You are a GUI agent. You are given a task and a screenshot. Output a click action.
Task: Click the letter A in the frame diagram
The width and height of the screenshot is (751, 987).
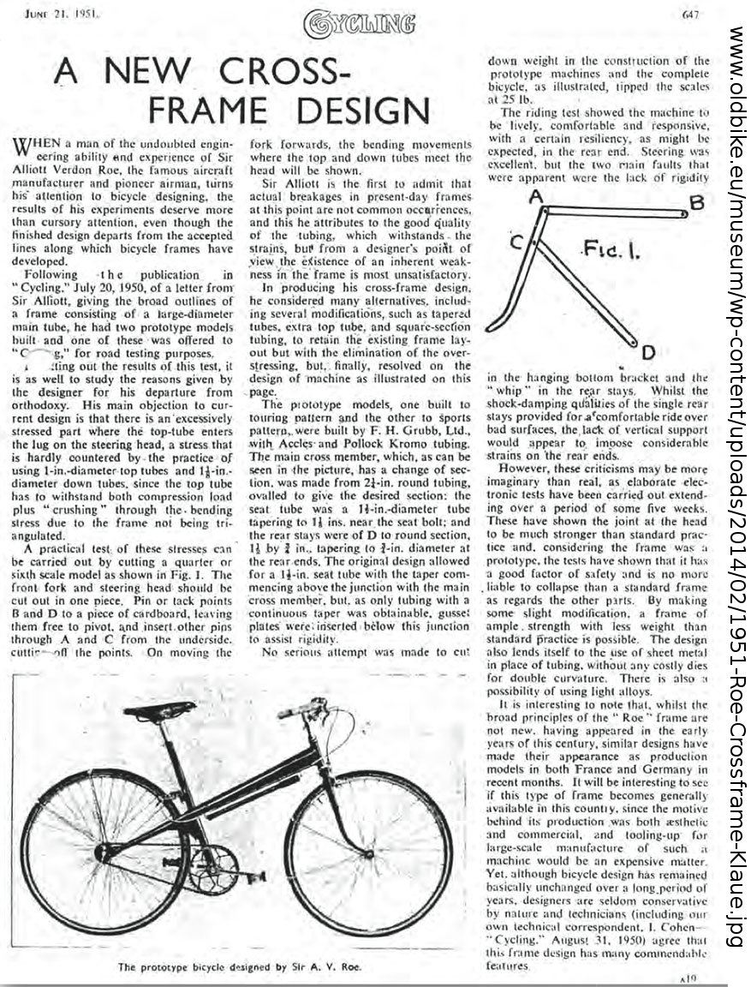[x=536, y=195]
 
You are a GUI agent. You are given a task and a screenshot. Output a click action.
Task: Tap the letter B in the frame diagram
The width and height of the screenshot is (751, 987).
[x=697, y=202]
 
